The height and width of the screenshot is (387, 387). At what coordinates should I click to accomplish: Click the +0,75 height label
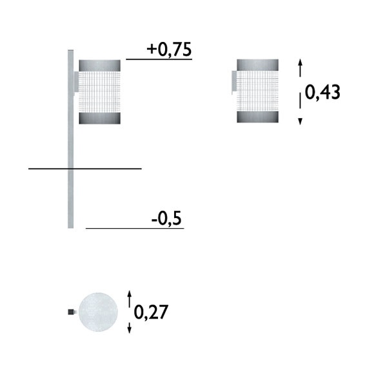tap(169, 50)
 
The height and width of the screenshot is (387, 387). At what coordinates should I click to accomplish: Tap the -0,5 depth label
tap(166, 219)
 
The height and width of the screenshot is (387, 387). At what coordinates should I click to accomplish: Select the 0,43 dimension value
tap(322, 92)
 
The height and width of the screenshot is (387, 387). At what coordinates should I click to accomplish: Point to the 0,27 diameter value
tap(151, 312)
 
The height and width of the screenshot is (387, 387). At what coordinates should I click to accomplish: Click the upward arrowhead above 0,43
tap(300, 61)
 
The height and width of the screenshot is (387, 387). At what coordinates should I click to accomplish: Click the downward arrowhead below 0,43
tap(300, 121)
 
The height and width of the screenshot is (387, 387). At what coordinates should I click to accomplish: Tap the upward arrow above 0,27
tap(130, 299)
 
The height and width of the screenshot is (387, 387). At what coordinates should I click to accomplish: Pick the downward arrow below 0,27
tap(130, 328)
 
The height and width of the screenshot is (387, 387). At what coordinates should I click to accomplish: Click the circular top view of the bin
tap(98, 312)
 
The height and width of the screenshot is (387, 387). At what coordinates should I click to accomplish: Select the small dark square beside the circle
tap(71, 312)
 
